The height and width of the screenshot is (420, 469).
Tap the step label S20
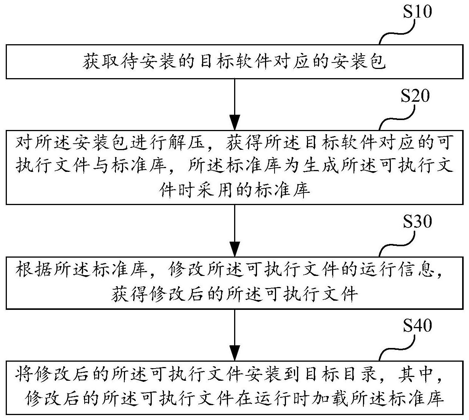[x=415, y=96]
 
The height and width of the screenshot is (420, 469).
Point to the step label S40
[x=418, y=325]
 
